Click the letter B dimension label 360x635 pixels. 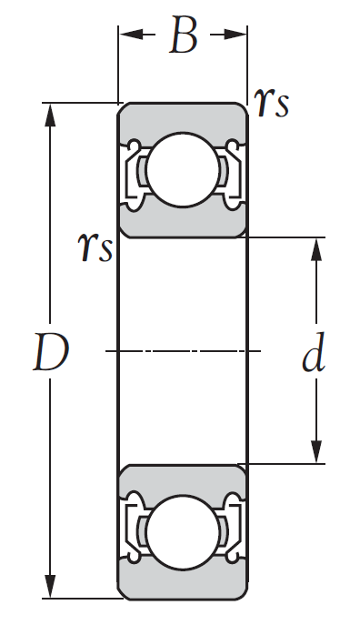coord(184,35)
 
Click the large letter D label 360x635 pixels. coord(51,352)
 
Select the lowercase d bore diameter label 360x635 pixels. coord(314,352)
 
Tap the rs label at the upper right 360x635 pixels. coord(272,103)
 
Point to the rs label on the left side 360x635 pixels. coord(95,247)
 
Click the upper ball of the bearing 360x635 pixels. coord(183,170)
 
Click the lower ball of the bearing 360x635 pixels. coord(183,532)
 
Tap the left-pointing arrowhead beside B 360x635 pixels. coord(132,35)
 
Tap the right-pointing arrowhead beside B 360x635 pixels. coord(235,35)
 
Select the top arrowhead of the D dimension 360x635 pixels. coord(50,116)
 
